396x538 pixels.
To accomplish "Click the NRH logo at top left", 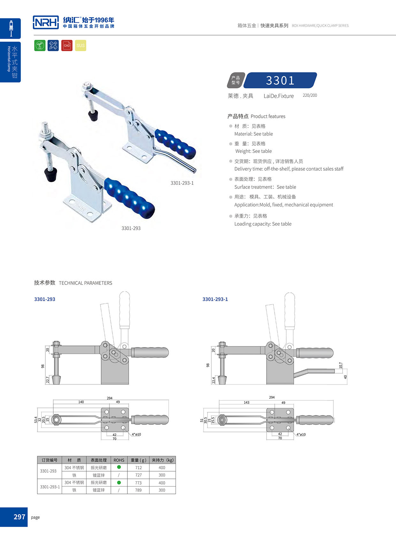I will click(46, 22).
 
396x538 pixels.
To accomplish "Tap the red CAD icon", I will click(67, 45).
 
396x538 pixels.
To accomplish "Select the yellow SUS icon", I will click(80, 45).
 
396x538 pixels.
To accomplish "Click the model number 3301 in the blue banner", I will click(280, 80).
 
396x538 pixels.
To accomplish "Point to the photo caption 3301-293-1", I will click(182, 183).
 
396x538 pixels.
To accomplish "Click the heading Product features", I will click(256, 116).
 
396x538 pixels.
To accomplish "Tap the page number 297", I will click(19, 517).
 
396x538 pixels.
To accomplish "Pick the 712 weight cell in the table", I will click(138, 467).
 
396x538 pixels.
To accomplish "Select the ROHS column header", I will click(119, 460).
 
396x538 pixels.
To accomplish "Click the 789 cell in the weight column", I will click(138, 490).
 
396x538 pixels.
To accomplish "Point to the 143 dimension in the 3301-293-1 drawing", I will click(247, 402).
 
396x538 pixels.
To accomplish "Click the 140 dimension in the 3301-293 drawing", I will click(81, 402).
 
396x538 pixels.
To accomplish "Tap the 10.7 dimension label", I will click(340, 365).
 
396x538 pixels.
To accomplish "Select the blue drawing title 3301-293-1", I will click(215, 299).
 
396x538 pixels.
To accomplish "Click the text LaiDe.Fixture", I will click(278, 96).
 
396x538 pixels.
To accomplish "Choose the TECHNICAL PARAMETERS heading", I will click(85, 283).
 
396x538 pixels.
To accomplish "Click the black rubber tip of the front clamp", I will click(51, 175).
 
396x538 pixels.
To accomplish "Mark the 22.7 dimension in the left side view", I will click(48, 380).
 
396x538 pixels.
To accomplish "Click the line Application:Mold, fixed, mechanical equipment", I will click(283, 205).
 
